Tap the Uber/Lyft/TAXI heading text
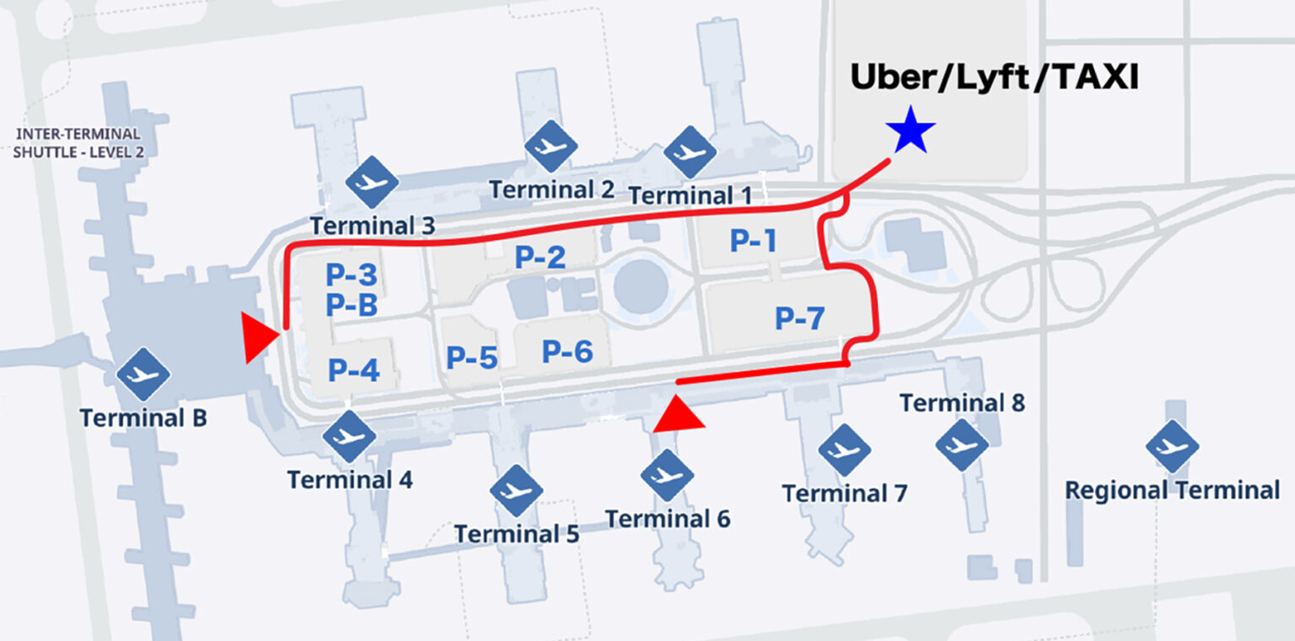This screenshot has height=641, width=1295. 994,78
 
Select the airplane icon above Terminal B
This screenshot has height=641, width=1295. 143,374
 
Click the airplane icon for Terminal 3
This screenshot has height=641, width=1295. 372,182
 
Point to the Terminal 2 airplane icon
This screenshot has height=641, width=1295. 551,147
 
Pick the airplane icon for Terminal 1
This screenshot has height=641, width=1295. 690,152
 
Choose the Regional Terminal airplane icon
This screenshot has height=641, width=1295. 1173,446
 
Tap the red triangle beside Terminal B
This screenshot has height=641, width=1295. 258,338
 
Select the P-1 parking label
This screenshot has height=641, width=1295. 753,241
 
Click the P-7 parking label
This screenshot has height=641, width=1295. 799,318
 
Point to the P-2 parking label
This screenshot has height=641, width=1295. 540,257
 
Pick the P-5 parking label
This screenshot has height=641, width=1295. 472,357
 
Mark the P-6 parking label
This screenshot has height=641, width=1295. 567,350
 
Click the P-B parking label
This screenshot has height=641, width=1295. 352,305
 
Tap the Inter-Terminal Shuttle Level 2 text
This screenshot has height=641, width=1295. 78,143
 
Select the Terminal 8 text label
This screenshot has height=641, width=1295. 962,403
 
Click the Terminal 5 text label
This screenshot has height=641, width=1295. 517,534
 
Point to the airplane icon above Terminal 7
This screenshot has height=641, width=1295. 844,450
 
